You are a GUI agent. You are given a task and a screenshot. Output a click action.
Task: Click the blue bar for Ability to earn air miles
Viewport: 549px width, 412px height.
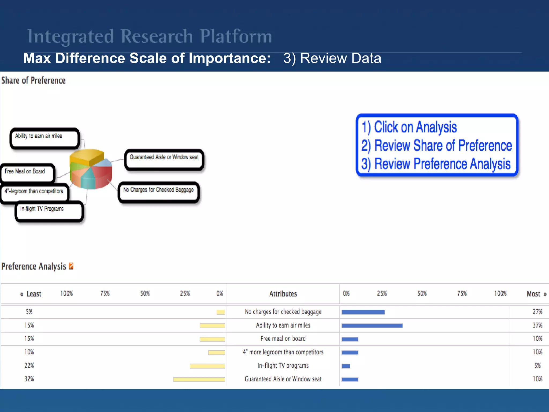(x=372, y=326)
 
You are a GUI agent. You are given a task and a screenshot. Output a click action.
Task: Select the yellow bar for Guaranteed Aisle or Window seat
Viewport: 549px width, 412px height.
(x=199, y=379)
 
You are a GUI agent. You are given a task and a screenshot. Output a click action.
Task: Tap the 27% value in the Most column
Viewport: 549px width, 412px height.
(x=537, y=312)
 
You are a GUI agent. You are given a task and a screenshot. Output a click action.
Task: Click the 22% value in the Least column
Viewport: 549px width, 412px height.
(x=29, y=366)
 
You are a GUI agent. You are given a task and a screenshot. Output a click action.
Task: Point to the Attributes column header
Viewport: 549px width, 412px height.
(x=283, y=294)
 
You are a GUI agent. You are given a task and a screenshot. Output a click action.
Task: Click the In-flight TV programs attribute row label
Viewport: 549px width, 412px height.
(x=283, y=366)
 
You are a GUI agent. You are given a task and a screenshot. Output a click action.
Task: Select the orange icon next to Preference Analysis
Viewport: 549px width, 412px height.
(x=71, y=266)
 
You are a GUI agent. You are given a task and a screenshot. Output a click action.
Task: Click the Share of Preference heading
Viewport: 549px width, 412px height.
(x=34, y=80)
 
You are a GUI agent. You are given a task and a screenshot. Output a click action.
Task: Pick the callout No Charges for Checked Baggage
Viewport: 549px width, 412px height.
(x=159, y=192)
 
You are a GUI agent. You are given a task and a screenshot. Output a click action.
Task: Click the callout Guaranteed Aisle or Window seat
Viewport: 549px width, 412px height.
(x=164, y=159)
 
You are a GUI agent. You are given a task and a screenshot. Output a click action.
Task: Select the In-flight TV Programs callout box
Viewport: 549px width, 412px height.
(x=49, y=211)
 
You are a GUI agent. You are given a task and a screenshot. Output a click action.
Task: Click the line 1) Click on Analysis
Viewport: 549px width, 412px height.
(x=409, y=127)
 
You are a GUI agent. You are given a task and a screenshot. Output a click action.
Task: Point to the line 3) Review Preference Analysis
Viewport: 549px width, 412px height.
(x=436, y=164)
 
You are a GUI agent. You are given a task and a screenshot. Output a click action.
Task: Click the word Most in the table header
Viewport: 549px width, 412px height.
(x=533, y=294)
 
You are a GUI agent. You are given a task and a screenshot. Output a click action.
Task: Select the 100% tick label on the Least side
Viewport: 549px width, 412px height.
(x=66, y=293)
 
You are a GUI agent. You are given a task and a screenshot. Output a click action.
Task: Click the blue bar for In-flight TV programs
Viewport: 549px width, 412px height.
(x=346, y=366)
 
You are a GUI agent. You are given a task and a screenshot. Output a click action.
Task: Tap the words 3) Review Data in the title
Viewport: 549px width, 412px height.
(x=332, y=58)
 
